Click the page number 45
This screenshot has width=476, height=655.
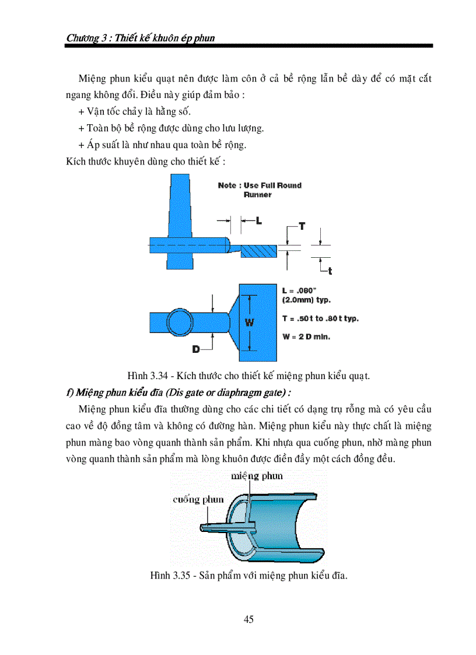pos(249,619)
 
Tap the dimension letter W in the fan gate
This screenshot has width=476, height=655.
pos(248,321)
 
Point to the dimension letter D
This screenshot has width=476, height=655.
pos(196,348)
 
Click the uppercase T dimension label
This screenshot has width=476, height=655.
pos(302,225)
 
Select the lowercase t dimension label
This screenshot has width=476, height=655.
pos(330,270)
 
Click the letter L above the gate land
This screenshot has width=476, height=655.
pos(258,220)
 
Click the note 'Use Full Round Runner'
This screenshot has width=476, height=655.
pos(260,190)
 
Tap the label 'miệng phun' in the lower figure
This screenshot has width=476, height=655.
pos(257,475)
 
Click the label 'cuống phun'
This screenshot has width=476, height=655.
pos(198,499)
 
